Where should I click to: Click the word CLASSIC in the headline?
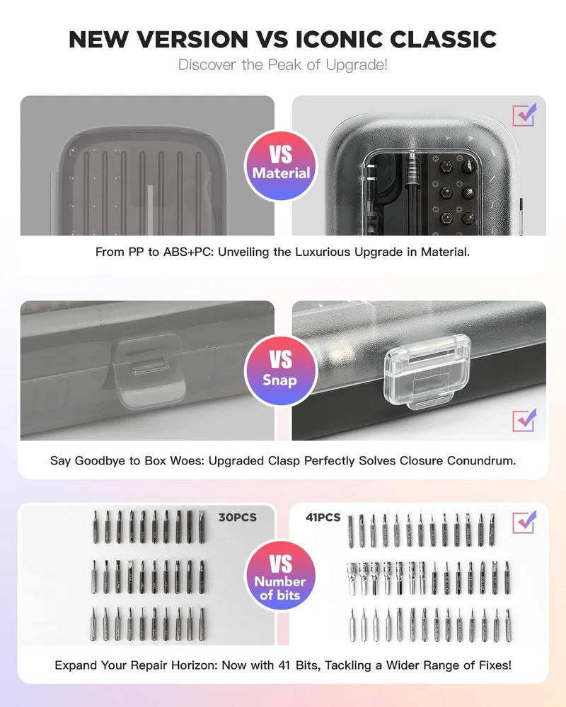coord(443,39)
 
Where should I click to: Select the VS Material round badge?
coord(281,165)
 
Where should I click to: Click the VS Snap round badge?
coord(281,370)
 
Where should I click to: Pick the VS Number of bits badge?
coord(281,575)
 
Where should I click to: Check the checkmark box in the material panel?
coord(524,115)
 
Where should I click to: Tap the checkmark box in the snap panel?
coord(524,420)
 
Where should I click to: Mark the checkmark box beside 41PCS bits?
coord(524,522)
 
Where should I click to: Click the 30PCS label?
coord(238,518)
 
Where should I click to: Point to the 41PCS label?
coord(323,518)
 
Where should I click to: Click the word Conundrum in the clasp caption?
coord(481,461)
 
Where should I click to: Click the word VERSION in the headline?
coord(192,39)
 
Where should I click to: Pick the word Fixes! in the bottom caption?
coord(495,665)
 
